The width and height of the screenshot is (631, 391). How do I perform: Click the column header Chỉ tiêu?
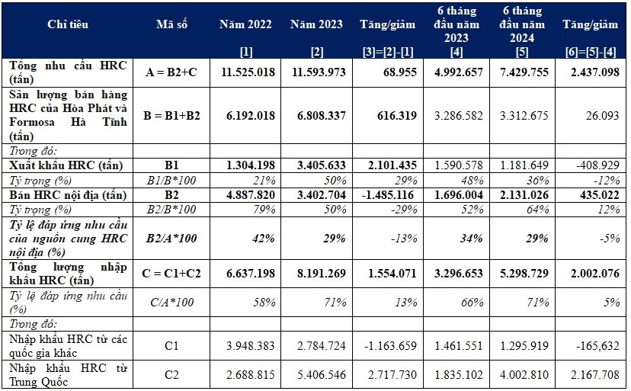pyautogui.click(x=68, y=24)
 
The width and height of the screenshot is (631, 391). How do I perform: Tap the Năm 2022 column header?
pyautogui.click(x=245, y=24)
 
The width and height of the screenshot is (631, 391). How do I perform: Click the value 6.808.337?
pyautogui.click(x=316, y=118)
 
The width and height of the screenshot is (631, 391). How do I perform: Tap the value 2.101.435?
pyautogui.click(x=388, y=165)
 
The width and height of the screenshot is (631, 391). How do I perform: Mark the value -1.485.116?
pyautogui.click(x=388, y=195)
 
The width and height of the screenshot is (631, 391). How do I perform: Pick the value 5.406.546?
pyautogui.click(x=316, y=375)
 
